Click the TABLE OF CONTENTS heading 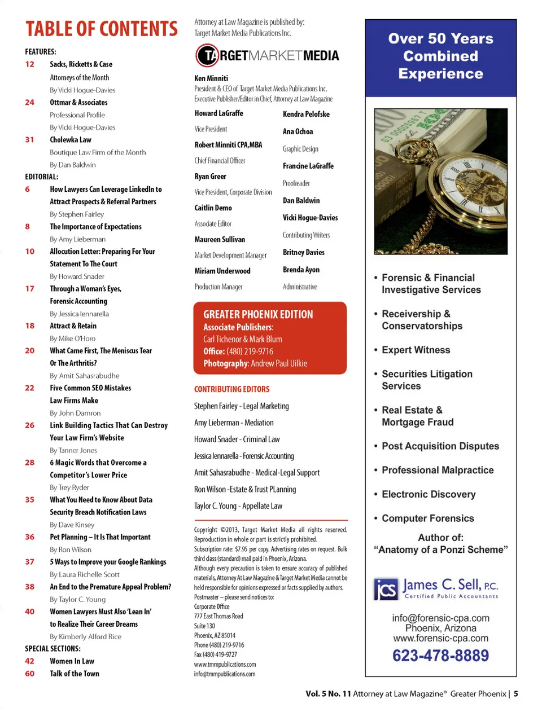tap(102, 29)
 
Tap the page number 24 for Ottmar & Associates tap(30, 103)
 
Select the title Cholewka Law tap(71, 140)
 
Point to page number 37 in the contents tap(30, 562)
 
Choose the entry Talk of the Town tap(75, 674)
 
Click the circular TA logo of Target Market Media tap(207, 55)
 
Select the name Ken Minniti tap(211, 78)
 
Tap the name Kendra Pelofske tap(306, 114)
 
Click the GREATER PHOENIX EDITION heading tap(258, 314)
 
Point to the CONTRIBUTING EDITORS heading tap(232, 389)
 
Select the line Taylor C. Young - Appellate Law tap(238, 506)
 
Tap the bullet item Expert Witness tap(416, 350)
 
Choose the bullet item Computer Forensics tap(427, 518)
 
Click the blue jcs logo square tap(386, 590)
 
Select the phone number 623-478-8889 tap(440, 656)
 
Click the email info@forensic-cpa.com tap(440, 618)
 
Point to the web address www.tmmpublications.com tap(225, 665)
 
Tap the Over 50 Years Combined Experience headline tap(440, 56)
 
